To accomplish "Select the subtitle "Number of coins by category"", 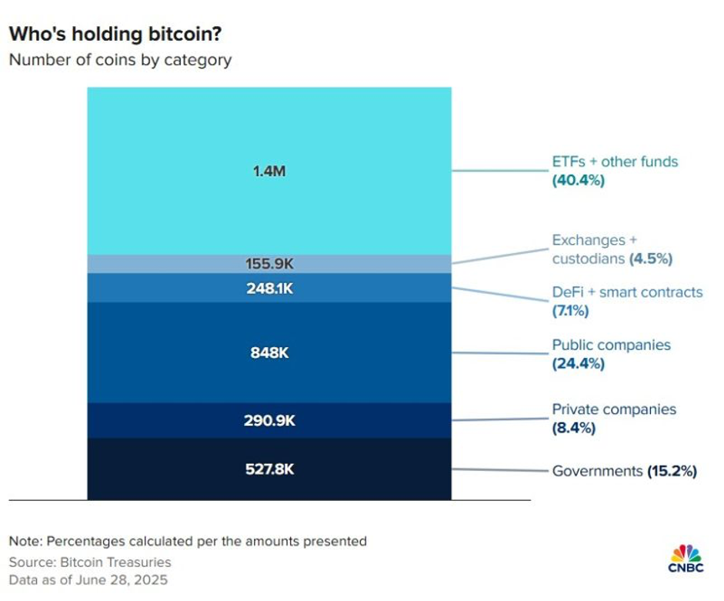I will tap(119, 60).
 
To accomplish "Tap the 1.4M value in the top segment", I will tap(269, 171).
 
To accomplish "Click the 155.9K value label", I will tap(269, 264).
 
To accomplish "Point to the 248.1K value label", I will tap(269, 288).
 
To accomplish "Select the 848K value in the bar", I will tap(269, 352).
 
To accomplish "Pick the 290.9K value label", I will tap(269, 421).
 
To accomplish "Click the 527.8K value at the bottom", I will tap(269, 469).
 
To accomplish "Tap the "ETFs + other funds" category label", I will tap(615, 162).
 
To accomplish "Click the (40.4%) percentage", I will tap(578, 181).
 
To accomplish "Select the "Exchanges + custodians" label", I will tap(612, 249).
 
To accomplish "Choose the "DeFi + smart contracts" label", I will tap(627, 292).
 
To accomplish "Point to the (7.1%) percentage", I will tap(570, 311).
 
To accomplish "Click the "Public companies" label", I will tap(611, 345).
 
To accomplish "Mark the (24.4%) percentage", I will tap(578, 363).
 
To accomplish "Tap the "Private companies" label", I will tap(614, 409).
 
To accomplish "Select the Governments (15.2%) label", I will tap(624, 471).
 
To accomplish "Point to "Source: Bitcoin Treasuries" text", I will tap(90, 563).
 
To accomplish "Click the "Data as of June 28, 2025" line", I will tap(88, 579).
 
